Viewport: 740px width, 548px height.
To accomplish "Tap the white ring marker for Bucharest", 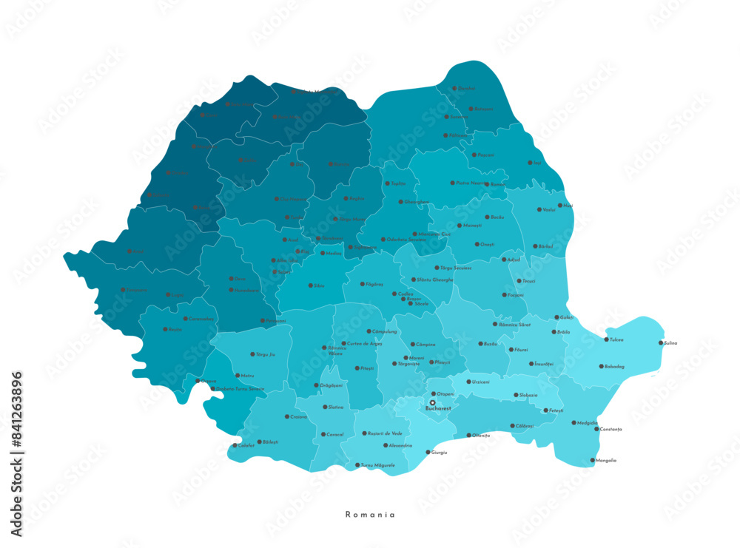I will [x=433, y=403].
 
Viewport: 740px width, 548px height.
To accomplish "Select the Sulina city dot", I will [x=661, y=342].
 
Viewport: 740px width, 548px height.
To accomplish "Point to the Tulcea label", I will [x=616, y=340].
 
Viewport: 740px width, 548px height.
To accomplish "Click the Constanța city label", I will [x=611, y=429].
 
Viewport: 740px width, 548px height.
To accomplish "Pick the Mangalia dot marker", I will [x=592, y=460].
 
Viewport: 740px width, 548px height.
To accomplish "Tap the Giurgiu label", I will [x=440, y=452].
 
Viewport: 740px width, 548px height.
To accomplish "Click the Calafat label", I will [x=246, y=445].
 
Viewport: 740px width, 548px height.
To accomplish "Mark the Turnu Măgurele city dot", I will [x=357, y=465].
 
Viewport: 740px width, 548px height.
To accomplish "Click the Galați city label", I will [x=565, y=317].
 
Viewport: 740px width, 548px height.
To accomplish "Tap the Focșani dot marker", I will [x=501, y=294].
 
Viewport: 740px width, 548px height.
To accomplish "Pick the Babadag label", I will [x=615, y=366].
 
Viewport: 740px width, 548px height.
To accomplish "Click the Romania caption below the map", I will [x=370, y=514].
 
